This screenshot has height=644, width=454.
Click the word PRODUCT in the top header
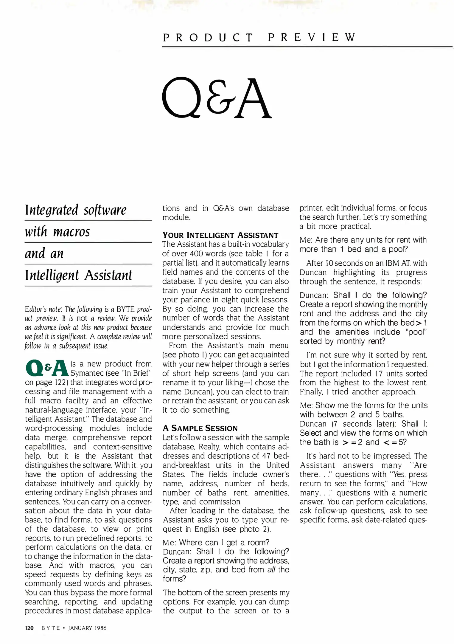coord(208,38)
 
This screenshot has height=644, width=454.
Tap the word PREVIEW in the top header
coord(312,38)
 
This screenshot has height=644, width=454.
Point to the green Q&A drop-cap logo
coord(47,368)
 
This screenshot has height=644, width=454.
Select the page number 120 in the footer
coord(29,628)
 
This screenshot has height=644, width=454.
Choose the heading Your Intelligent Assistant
coord(220,235)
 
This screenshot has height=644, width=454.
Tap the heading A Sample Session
coord(200,428)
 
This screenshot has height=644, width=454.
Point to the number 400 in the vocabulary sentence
coord(196,254)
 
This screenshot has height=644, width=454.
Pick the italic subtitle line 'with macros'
coord(57,232)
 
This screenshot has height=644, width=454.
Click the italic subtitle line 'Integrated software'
coord(76,210)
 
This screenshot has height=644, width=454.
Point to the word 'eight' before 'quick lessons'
coord(240,300)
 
